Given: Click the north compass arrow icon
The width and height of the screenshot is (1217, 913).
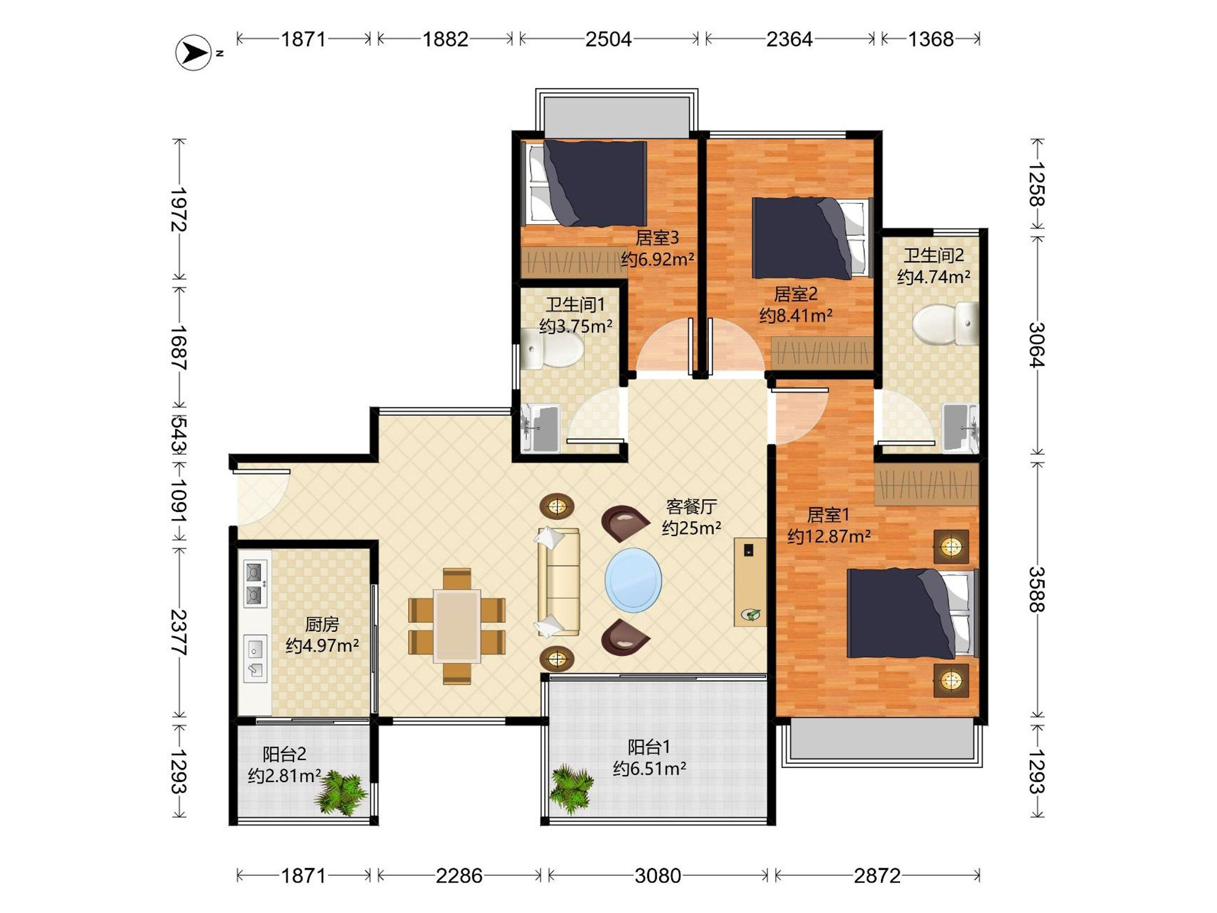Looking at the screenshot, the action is point(193,53).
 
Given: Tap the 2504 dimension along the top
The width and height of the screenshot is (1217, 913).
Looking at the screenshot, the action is point(608,39).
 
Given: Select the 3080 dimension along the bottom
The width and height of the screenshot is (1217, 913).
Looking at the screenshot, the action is point(658,875).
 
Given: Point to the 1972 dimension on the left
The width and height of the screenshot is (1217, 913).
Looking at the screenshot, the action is point(179,209).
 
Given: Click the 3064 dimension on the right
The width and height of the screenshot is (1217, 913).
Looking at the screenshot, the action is point(1036,344).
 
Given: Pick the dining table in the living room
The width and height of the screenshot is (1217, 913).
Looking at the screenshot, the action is point(457,626).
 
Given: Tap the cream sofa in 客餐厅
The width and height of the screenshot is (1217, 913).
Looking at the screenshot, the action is point(558,582).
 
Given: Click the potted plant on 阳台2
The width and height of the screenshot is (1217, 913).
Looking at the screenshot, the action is point(341,792).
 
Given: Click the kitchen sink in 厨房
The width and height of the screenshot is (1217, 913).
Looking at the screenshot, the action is point(255,659).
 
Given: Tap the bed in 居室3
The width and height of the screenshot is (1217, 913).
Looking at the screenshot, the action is point(584,183).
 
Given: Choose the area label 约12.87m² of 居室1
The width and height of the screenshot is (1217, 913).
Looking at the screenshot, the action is point(829,536).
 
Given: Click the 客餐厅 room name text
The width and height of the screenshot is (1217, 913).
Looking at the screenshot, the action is point(691,506).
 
